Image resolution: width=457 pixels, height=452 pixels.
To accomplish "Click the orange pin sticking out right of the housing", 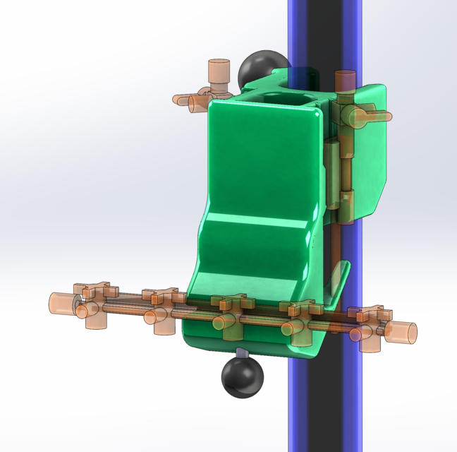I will coord(374,115).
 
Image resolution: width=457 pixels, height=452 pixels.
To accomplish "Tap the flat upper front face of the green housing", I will coord(261,155).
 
